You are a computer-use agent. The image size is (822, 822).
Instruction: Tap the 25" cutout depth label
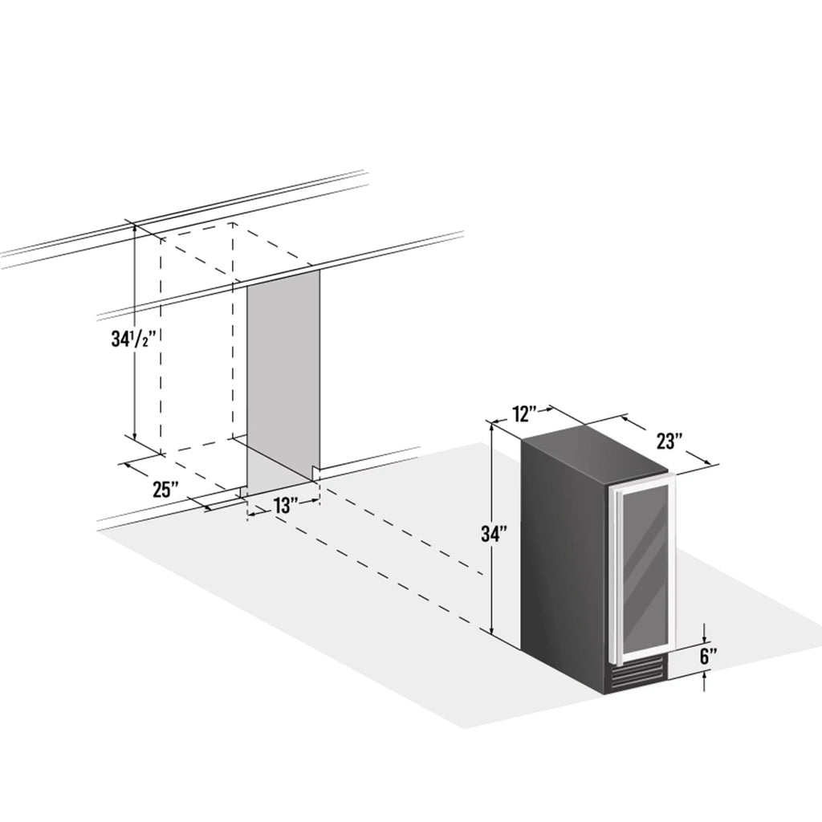pyautogui.click(x=165, y=490)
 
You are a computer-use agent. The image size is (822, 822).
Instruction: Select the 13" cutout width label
pyautogui.click(x=286, y=506)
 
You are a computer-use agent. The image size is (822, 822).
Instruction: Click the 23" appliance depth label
pyautogui.click(x=669, y=441)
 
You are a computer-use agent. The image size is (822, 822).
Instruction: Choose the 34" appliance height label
pyautogui.click(x=494, y=533)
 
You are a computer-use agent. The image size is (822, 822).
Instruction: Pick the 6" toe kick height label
pyautogui.click(x=708, y=657)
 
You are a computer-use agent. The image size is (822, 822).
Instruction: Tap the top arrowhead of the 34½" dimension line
pyautogui.click(x=135, y=230)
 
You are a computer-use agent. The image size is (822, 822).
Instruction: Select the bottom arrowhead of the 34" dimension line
pyautogui.click(x=492, y=629)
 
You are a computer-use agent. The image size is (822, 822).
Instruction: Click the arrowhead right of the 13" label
pyautogui.click(x=314, y=501)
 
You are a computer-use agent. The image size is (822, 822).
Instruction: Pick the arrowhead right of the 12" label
pyautogui.click(x=545, y=409)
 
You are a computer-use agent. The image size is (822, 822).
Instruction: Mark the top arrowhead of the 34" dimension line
pyautogui.click(x=492, y=428)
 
